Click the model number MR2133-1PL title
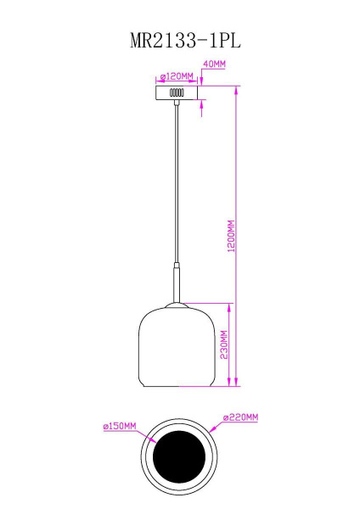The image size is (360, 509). click(x=179, y=38)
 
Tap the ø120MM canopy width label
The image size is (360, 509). click(x=176, y=76)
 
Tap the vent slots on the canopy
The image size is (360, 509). click(x=177, y=92)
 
